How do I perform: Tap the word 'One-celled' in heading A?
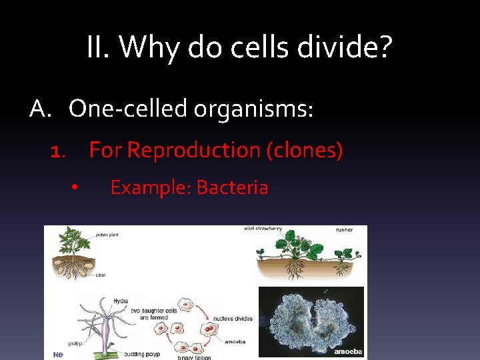pos(127,108)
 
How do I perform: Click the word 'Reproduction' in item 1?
pos(194,150)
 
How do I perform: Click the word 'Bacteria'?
pos(232,188)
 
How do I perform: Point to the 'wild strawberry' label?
pos(263,229)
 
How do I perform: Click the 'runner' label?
pos(344,229)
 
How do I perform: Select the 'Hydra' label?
pos(121,301)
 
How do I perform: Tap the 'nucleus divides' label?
pos(234,319)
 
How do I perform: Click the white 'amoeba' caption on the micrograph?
pos(347,351)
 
